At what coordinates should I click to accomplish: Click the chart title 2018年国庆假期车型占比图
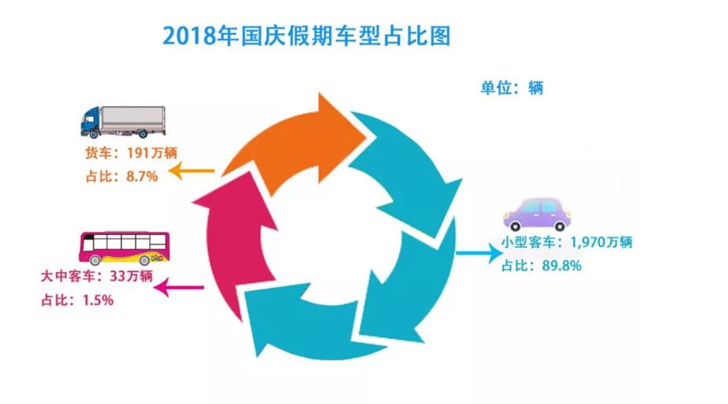pyautogui.click(x=307, y=36)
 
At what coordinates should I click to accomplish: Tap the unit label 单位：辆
pyautogui.click(x=511, y=87)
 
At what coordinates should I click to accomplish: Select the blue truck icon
pyautogui.click(x=123, y=121)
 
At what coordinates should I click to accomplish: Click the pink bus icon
pyautogui.click(x=125, y=248)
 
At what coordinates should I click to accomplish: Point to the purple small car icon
pyautogui.click(x=536, y=213)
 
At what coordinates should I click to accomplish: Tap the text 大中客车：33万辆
pyautogui.click(x=96, y=277)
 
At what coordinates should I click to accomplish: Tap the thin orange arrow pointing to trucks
pyautogui.click(x=192, y=171)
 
